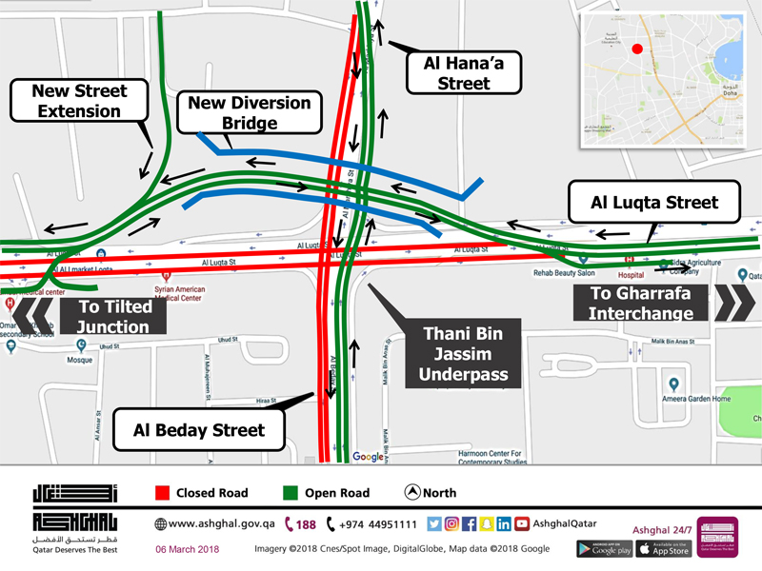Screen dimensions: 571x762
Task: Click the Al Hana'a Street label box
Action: click(464, 73)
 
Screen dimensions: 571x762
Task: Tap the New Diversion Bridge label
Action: click(250, 112)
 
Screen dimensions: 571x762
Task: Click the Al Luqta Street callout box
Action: click(653, 203)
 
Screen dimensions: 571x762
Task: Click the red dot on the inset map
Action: click(637, 49)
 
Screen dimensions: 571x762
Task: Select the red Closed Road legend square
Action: click(163, 493)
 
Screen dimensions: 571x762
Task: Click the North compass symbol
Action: click(412, 493)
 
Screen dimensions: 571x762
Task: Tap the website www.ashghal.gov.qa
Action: click(222, 524)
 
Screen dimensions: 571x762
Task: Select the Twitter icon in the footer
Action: click(434, 523)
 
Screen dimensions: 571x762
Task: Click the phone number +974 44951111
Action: click(378, 524)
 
